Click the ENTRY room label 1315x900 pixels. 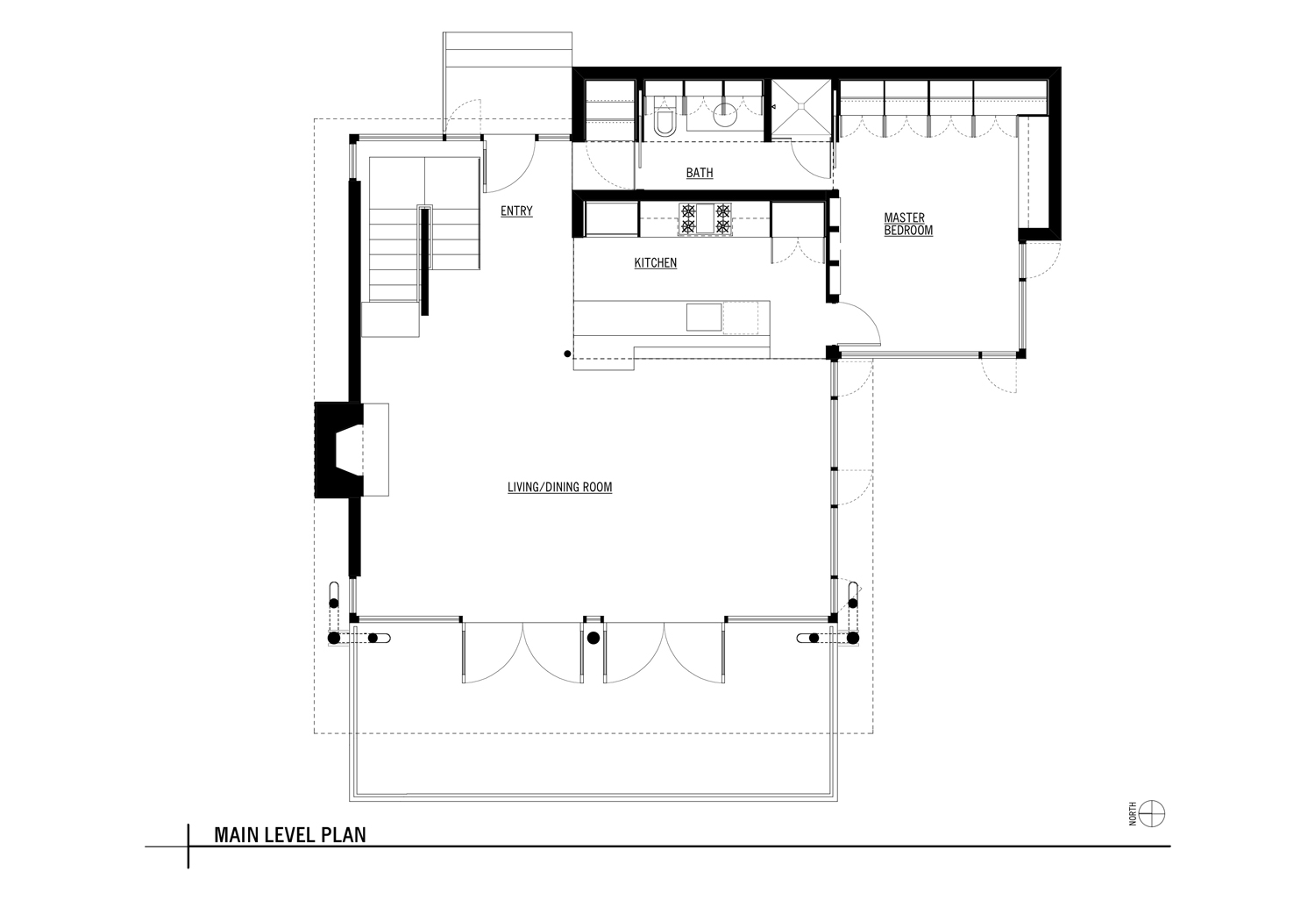pyautogui.click(x=516, y=211)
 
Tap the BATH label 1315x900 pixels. pyautogui.click(x=700, y=173)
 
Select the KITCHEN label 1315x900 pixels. pyautogui.click(x=656, y=262)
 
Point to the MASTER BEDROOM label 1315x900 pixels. pyautogui.click(x=908, y=225)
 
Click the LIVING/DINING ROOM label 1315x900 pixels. pyautogui.click(x=559, y=487)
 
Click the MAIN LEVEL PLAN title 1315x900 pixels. pyautogui.click(x=290, y=835)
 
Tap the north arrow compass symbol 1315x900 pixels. pyautogui.click(x=1151, y=814)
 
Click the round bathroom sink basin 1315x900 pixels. pyautogui.click(x=726, y=115)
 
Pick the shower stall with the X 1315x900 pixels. pyautogui.click(x=800, y=109)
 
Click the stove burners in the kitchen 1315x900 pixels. pyautogui.click(x=706, y=219)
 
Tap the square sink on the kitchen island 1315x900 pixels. pyautogui.click(x=704, y=318)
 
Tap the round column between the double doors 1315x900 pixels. pyautogui.click(x=594, y=638)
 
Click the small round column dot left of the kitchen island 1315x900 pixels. pyautogui.click(x=567, y=354)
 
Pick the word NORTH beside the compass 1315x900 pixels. pyautogui.click(x=1133, y=814)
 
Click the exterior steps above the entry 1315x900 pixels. pyautogui.click(x=508, y=50)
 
